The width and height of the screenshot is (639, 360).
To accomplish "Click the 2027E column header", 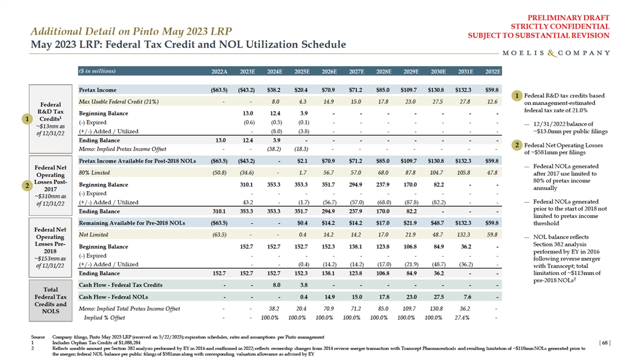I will (x=355, y=71).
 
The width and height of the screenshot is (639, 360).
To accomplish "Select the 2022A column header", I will (x=219, y=71).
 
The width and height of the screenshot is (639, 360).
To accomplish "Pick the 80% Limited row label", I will (x=94, y=173).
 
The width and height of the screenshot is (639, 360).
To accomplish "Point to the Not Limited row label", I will (x=94, y=235).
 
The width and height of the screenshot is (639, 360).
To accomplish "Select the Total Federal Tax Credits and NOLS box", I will (x=52, y=300).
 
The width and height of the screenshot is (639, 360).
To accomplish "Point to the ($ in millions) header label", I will (x=97, y=71).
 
